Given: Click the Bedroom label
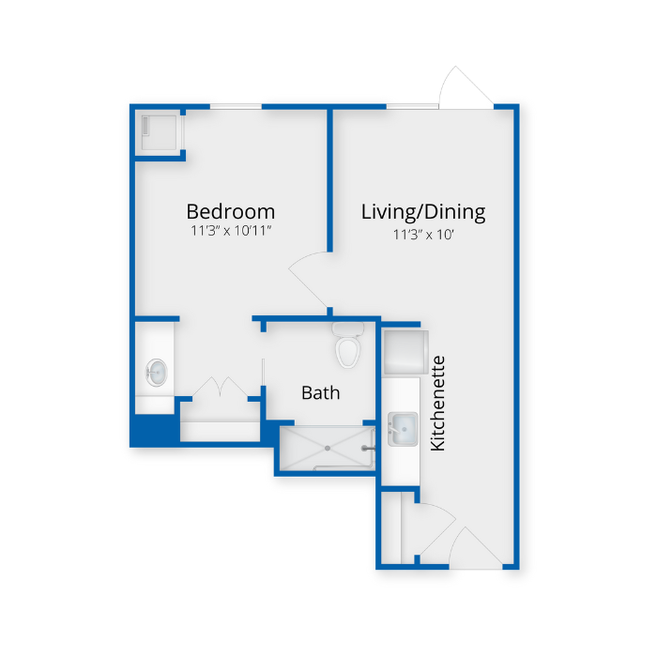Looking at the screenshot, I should pyautogui.click(x=230, y=211).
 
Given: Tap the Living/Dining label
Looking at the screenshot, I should pyautogui.click(x=423, y=211).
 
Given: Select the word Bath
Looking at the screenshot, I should pyautogui.click(x=320, y=392).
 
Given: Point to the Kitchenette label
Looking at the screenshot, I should pyautogui.click(x=437, y=403).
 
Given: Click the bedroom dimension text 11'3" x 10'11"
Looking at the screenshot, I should pyautogui.click(x=230, y=231).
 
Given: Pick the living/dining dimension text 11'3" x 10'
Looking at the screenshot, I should pyautogui.click(x=423, y=234).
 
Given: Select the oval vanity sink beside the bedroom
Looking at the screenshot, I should pyautogui.click(x=157, y=373).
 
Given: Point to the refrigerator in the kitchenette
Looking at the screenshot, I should pyautogui.click(x=405, y=351).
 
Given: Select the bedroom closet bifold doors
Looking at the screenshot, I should pyautogui.click(x=219, y=389).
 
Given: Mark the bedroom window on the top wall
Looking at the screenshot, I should pyautogui.click(x=235, y=106).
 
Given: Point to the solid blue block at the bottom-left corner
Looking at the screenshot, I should pyautogui.click(x=153, y=430).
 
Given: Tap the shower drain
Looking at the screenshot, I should pyautogui.click(x=327, y=448).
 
